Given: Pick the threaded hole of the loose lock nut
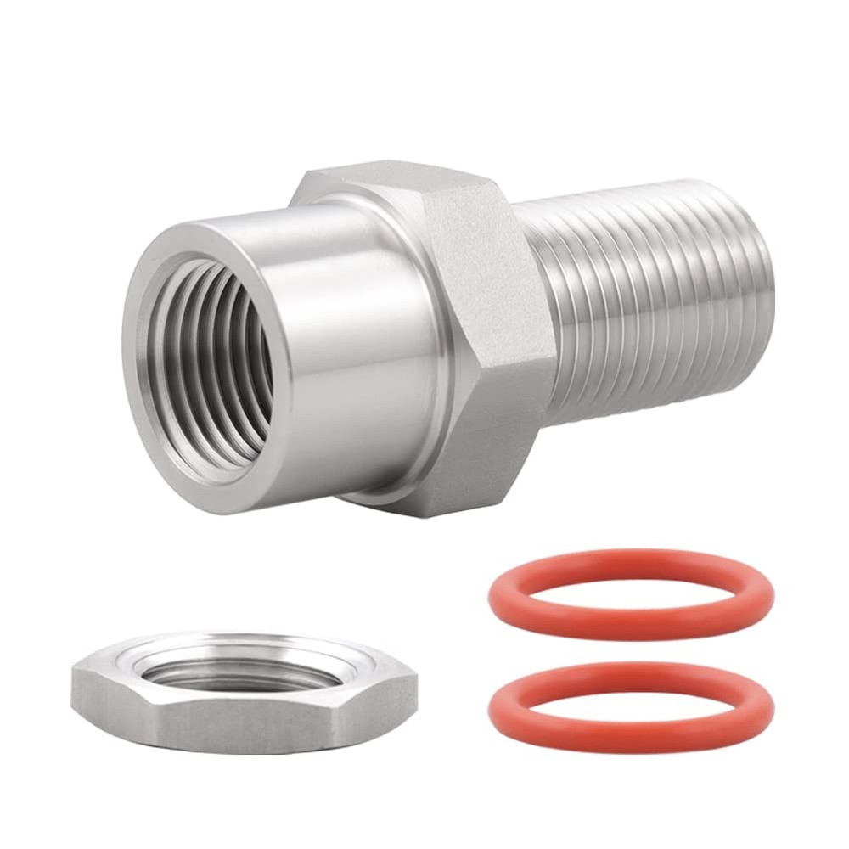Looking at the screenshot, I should point(238,671).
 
